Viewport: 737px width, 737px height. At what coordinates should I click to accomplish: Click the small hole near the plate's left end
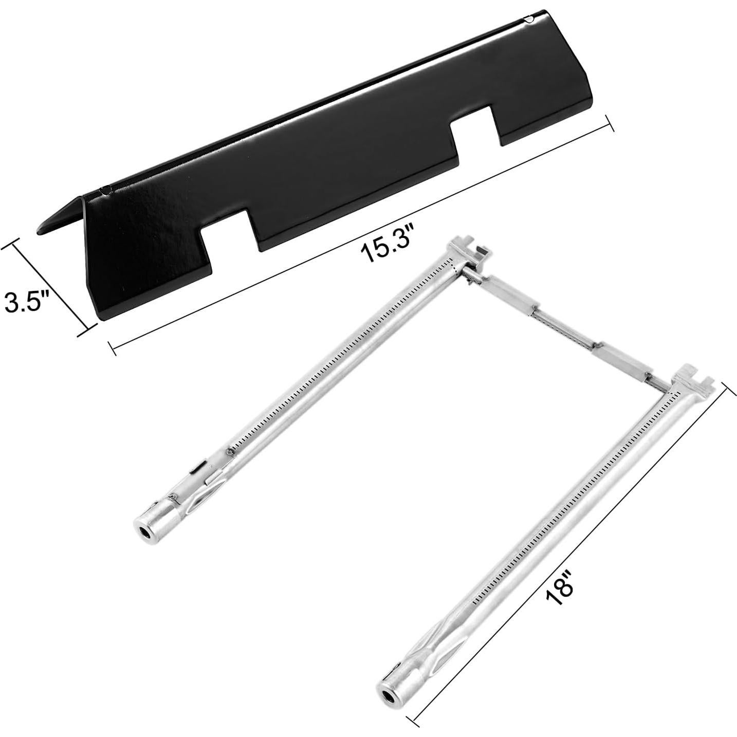pyautogui.click(x=105, y=190)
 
